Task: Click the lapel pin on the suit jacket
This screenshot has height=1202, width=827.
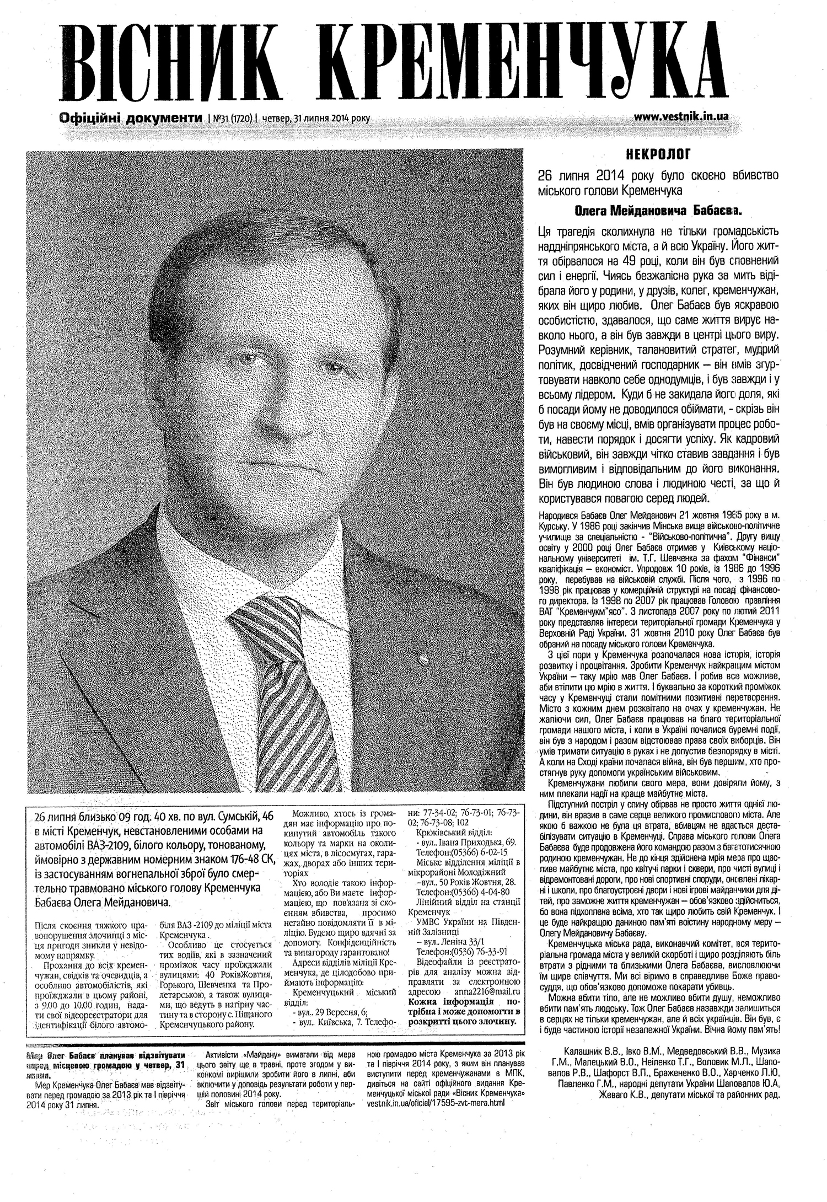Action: tap(422, 658)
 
